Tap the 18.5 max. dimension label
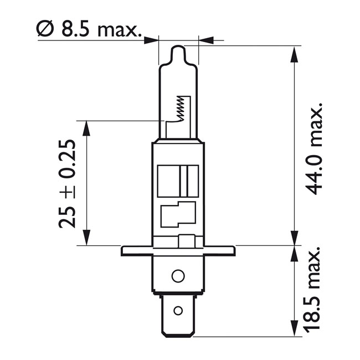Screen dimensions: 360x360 click(x=314, y=290)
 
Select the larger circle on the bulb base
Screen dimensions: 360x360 click(x=178, y=275)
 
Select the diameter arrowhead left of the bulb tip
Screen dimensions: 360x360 click(x=152, y=40)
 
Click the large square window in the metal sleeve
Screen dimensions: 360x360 click(x=178, y=181)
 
